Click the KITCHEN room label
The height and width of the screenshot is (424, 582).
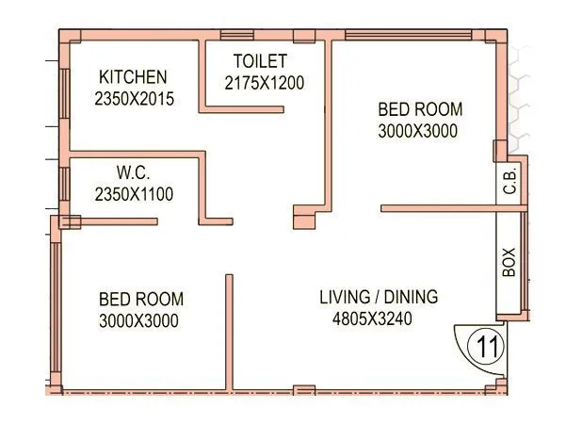[x=134, y=77]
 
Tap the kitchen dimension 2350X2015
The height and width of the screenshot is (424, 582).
[x=134, y=97]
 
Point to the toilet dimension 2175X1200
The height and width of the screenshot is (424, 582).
[x=265, y=83]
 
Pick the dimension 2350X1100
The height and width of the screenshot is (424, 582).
[x=134, y=194]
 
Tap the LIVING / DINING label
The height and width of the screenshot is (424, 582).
[x=379, y=298]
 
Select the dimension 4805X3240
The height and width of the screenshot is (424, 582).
[x=372, y=319]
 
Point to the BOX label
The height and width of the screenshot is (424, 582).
[x=509, y=261]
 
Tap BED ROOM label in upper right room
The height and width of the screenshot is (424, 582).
[x=420, y=109]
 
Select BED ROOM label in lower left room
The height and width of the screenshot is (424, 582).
[x=141, y=300]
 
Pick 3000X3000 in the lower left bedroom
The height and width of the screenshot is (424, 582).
[x=138, y=320]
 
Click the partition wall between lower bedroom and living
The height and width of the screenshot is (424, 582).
[x=228, y=330]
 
